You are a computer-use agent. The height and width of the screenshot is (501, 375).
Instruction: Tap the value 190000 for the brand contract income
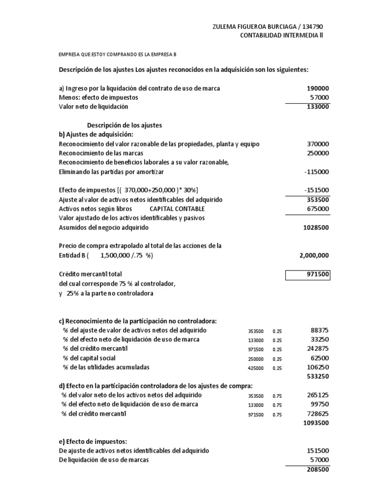click(x=318, y=88)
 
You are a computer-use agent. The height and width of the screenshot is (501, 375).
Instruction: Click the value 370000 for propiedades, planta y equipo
click(x=318, y=144)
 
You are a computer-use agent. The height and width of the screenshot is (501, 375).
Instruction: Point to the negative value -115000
click(x=316, y=172)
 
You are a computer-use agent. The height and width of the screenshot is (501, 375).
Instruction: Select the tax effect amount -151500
click(x=316, y=190)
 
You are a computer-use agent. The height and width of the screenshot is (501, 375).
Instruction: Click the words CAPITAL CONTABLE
click(x=177, y=209)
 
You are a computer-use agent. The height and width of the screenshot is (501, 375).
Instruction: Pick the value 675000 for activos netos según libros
click(x=318, y=209)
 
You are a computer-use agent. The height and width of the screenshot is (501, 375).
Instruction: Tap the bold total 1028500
click(x=316, y=228)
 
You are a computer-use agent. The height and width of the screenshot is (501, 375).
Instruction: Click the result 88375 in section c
click(x=319, y=330)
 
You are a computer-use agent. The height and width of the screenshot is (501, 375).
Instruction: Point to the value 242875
click(x=318, y=349)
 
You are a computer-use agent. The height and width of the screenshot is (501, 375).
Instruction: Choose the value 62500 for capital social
click(x=319, y=358)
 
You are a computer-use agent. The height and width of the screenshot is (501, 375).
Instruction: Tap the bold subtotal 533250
click(x=318, y=377)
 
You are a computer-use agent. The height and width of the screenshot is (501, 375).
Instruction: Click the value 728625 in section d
click(x=318, y=414)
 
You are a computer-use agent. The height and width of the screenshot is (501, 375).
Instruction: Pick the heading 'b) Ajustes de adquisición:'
click(x=96, y=135)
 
